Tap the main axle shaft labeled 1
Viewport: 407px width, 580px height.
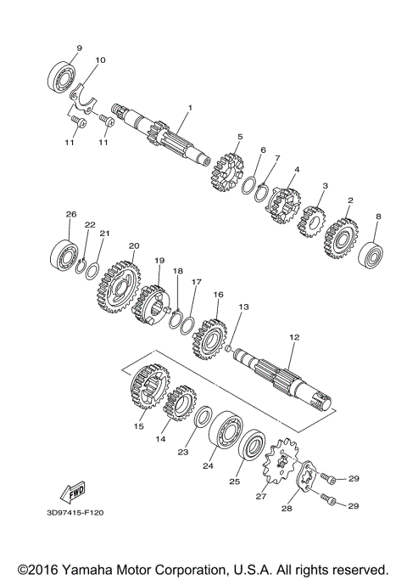point(170,136)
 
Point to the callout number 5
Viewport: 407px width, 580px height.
point(240,137)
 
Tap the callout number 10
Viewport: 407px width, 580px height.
point(100,61)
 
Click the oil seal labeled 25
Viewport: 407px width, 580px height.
point(252,449)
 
